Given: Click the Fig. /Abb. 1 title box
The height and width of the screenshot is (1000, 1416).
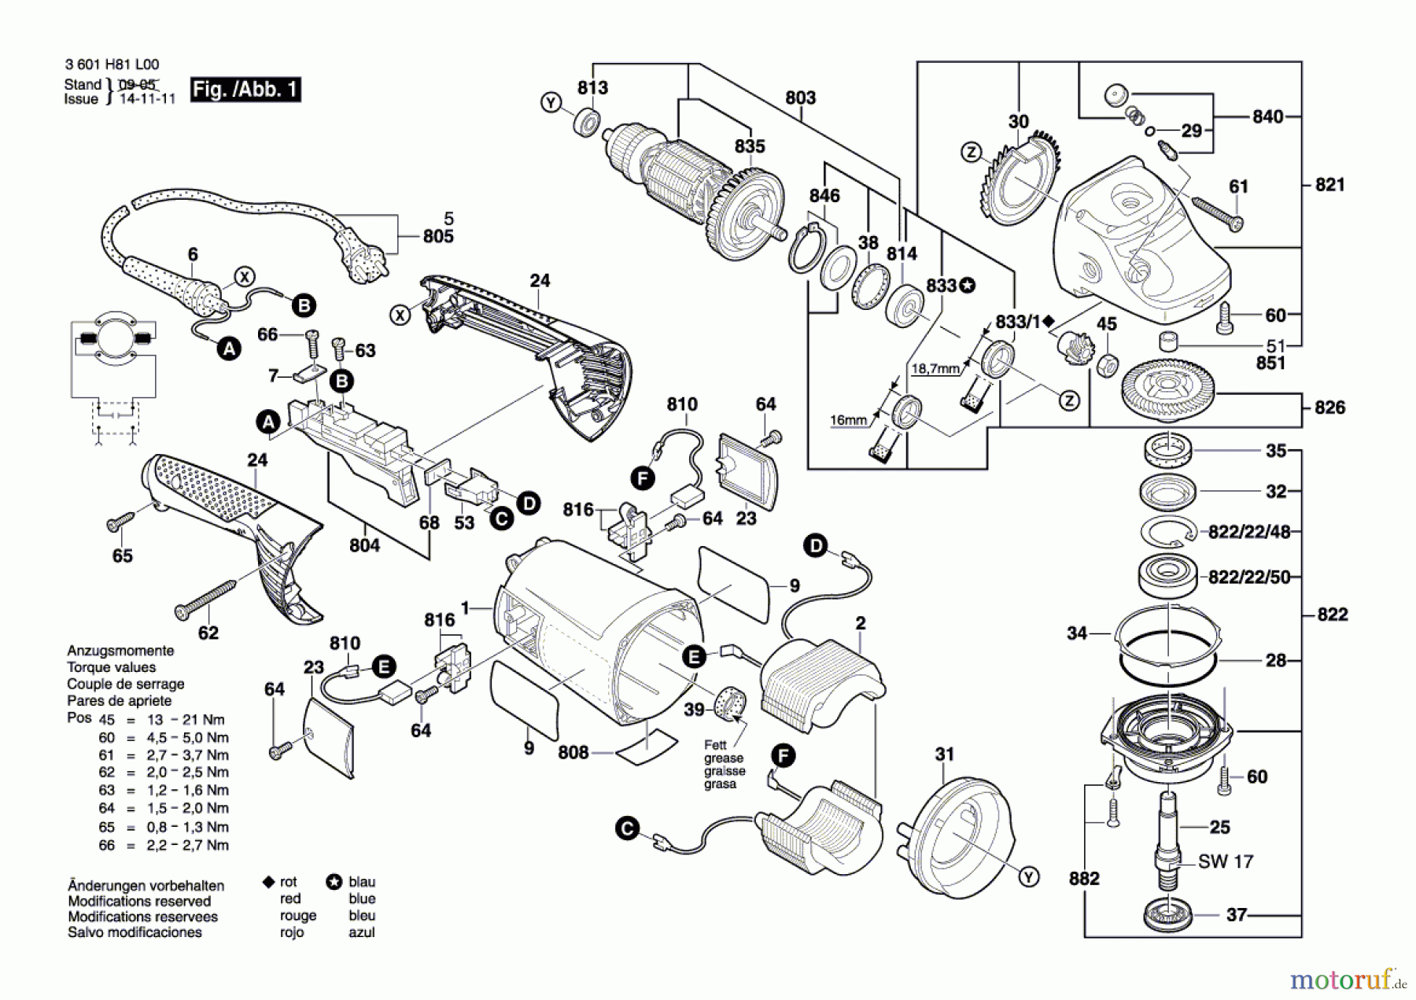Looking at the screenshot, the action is (x=245, y=89).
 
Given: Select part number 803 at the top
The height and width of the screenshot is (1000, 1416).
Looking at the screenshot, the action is (x=800, y=98).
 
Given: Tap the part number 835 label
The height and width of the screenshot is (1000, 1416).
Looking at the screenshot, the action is (x=750, y=146).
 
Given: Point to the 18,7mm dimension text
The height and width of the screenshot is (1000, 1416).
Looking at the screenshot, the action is (x=935, y=368).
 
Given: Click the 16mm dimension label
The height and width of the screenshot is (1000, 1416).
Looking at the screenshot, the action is (x=848, y=420).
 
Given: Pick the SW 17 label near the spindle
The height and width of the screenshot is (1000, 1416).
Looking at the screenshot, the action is (x=1226, y=862).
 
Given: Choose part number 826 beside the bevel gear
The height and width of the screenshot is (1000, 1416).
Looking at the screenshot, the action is (x=1329, y=408).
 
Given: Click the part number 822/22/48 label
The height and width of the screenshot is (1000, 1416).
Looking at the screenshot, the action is (x=1249, y=532).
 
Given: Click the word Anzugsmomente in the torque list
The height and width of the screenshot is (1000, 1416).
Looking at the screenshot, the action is (x=120, y=651).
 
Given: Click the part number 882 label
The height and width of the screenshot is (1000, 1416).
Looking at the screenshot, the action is (x=1084, y=879).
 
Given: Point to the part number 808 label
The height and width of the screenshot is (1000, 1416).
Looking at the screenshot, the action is (x=573, y=753).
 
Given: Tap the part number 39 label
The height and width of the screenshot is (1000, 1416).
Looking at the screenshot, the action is (x=694, y=710).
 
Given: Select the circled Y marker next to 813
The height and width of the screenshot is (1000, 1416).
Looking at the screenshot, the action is (x=551, y=102).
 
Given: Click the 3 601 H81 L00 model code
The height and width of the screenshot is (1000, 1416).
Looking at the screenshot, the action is (x=112, y=65).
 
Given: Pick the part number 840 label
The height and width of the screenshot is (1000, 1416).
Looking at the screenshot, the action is (x=1267, y=116).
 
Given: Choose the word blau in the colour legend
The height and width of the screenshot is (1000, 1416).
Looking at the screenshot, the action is (x=362, y=882).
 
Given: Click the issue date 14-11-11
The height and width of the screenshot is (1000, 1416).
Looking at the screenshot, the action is (x=147, y=99).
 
